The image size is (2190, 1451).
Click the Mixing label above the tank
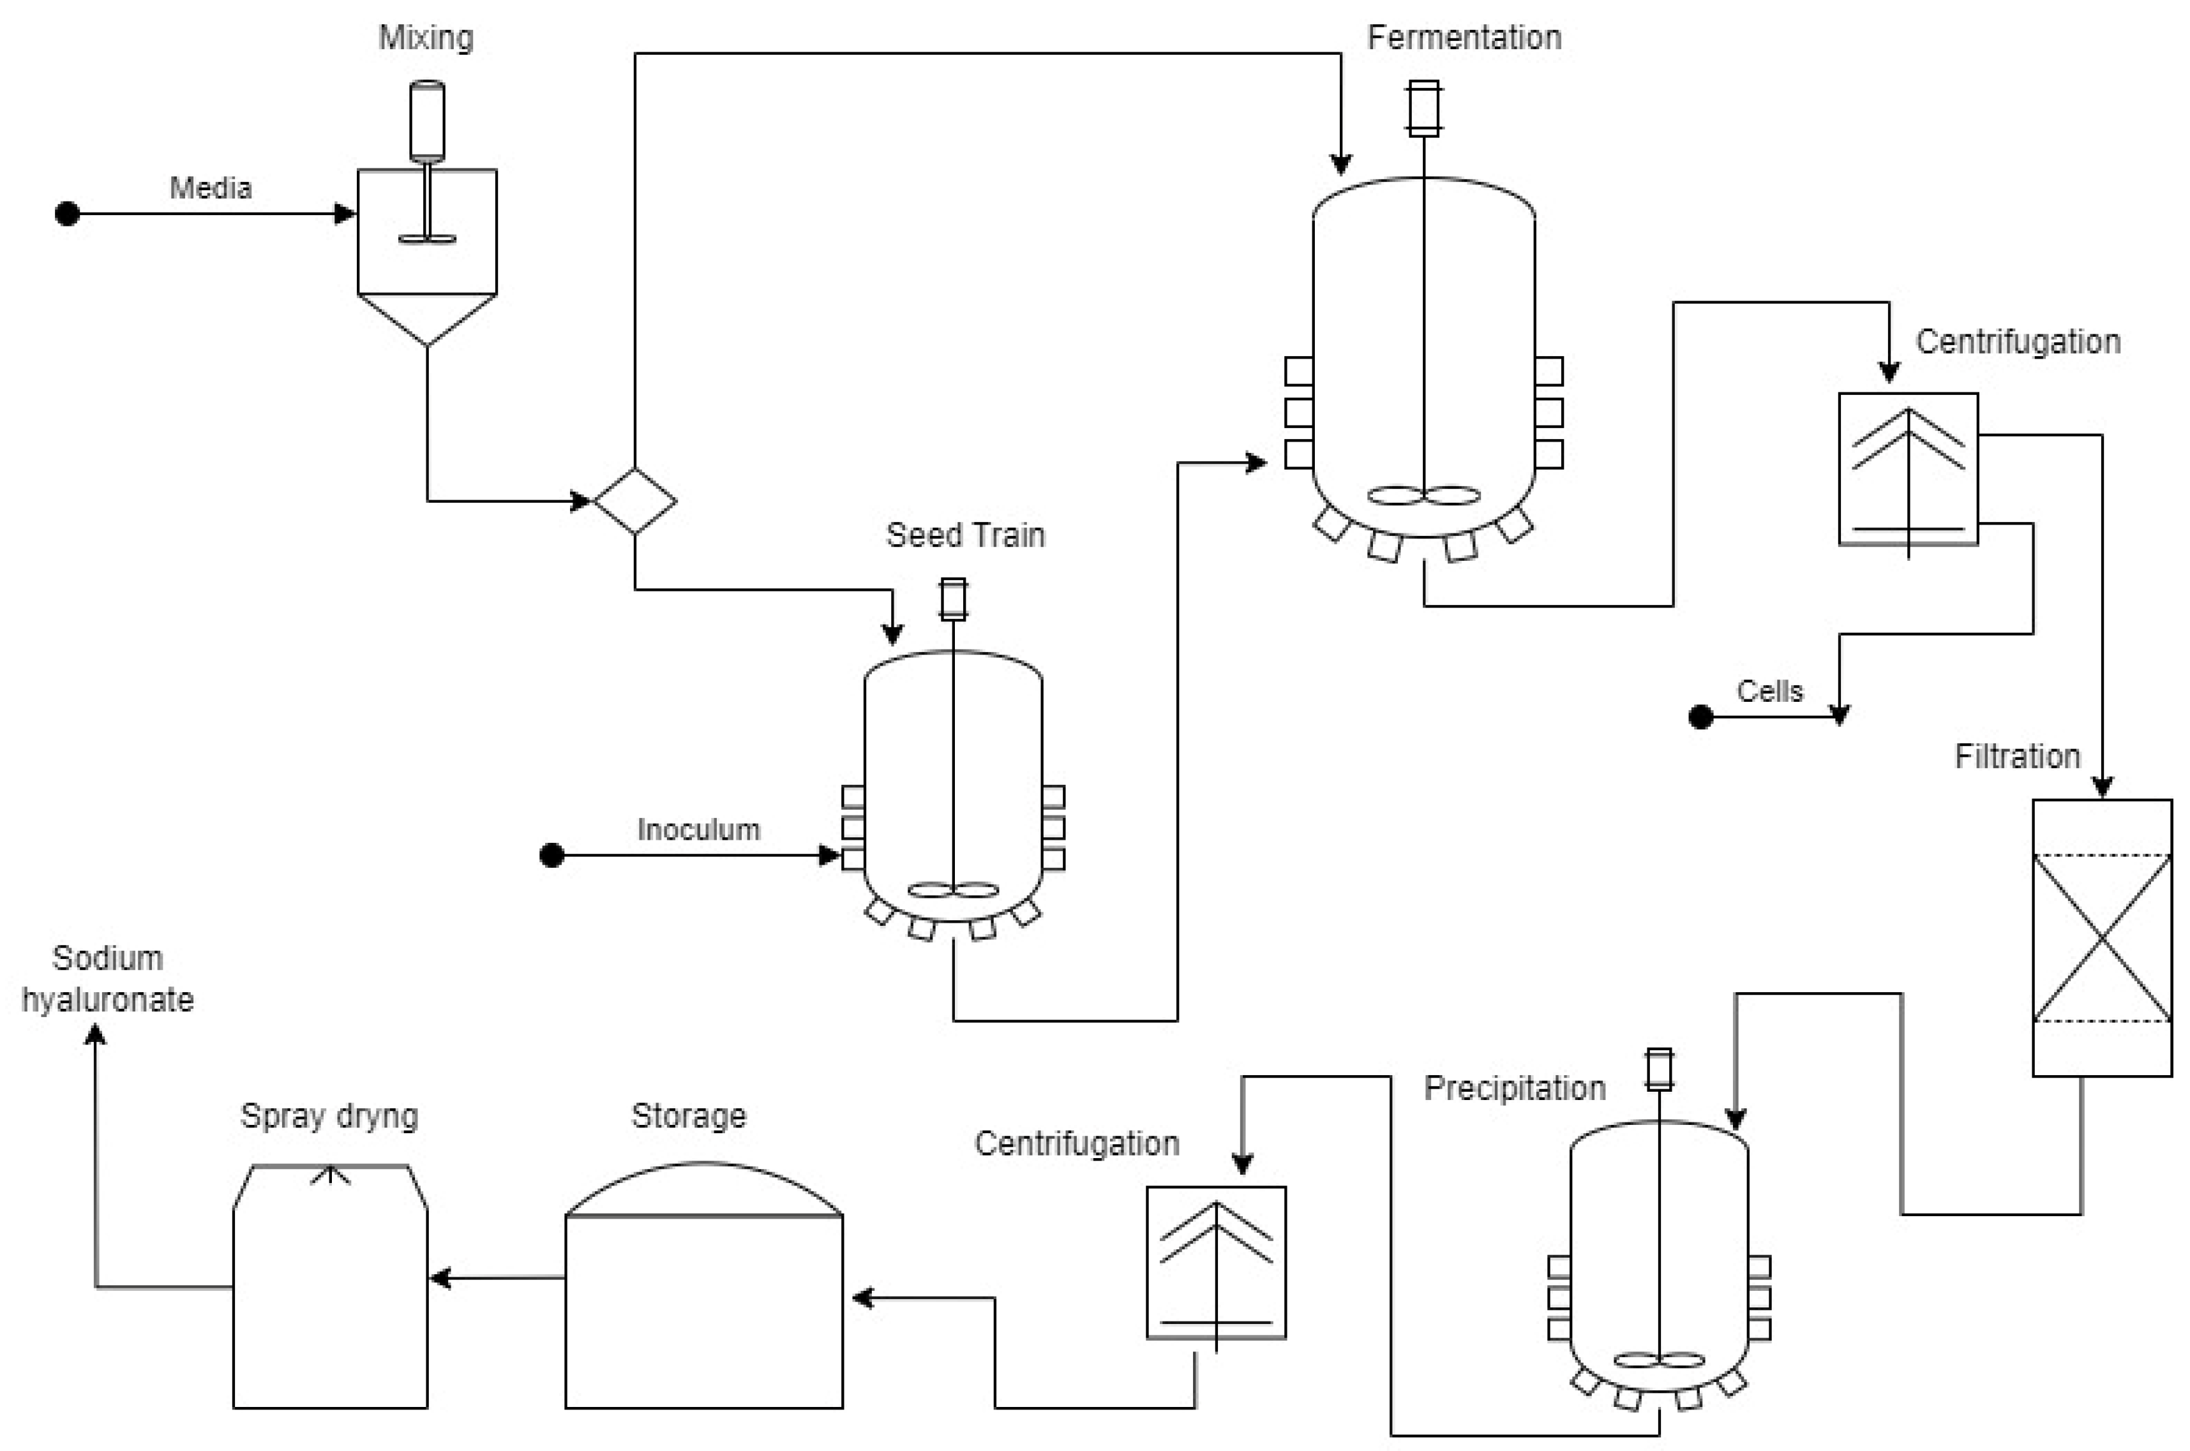tap(426, 38)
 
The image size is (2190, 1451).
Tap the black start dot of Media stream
tap(66, 214)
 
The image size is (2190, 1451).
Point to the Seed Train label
tap(964, 535)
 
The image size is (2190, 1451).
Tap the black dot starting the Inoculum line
tap(551, 855)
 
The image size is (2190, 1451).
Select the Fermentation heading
tap(1464, 38)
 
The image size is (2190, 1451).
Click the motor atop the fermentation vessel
tap(1423, 108)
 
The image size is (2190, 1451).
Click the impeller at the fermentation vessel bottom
tap(1423, 496)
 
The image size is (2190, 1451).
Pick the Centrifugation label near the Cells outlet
tap(2017, 341)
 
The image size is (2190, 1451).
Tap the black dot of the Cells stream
tap(1700, 717)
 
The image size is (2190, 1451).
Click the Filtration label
tap(2017, 756)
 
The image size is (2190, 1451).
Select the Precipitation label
tap(1513, 1089)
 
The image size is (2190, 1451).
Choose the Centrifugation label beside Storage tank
tap(1076, 1144)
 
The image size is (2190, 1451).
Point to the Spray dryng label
tap(329, 1116)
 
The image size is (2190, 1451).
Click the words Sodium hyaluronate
tap(107, 979)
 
